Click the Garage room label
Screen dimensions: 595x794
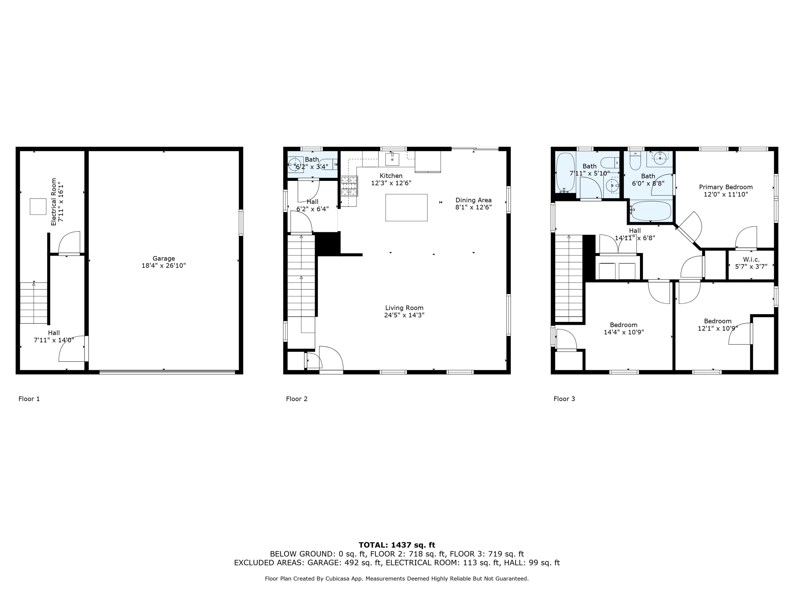(164, 258)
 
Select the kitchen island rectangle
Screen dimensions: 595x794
(406, 207)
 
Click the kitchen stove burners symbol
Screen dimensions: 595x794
(349, 186)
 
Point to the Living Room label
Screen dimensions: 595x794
(404, 308)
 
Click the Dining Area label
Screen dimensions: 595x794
(473, 200)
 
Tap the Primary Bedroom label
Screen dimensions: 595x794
(725, 187)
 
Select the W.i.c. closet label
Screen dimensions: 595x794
(751, 259)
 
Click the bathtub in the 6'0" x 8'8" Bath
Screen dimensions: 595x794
(651, 211)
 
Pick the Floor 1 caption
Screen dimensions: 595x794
(29, 399)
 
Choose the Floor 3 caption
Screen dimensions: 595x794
(564, 399)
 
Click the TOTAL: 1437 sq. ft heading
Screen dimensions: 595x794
(397, 545)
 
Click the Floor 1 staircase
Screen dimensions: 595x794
(33, 303)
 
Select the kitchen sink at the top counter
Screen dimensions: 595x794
(392, 158)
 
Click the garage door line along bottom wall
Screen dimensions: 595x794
(167, 372)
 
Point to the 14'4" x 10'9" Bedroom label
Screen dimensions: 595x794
(624, 325)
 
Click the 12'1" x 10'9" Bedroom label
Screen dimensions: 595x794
(717, 321)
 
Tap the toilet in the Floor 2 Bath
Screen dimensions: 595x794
(327, 164)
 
